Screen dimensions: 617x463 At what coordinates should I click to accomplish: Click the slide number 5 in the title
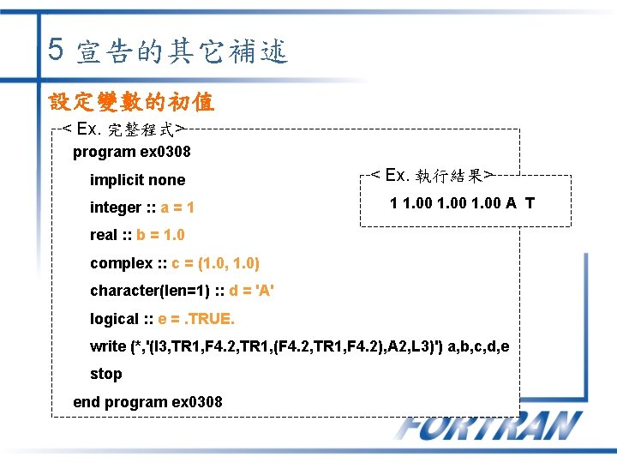point(56,49)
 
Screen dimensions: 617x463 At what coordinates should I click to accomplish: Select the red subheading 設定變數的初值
point(132,103)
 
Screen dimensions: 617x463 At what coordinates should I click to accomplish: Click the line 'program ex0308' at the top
point(131,152)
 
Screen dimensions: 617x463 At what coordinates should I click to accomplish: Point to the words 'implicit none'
point(137,179)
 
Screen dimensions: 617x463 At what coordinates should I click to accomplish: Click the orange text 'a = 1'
point(177,207)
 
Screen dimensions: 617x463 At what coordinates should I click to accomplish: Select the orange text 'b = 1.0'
point(160,235)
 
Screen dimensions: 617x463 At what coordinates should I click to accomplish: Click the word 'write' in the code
point(107,346)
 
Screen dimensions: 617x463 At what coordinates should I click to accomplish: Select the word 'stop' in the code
point(105,374)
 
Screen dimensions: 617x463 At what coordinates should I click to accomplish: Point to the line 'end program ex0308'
point(147,401)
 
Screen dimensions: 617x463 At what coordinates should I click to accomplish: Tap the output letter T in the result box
point(530,203)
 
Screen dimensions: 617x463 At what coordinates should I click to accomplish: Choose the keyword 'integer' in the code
point(115,207)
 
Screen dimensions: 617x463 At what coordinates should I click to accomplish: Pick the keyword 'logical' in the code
point(114,319)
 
